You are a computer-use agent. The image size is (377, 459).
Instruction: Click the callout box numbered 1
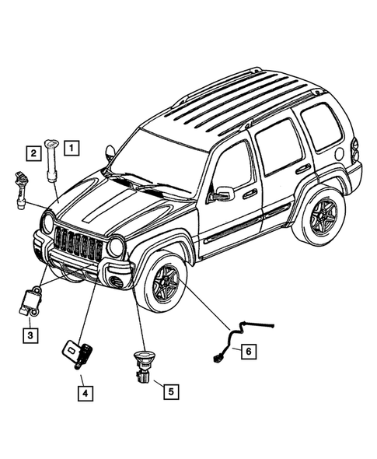(71, 146)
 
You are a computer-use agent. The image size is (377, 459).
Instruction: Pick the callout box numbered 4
(82, 393)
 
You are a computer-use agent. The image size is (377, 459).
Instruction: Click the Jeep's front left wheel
(164, 282)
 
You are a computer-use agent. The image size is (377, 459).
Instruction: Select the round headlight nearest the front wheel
(117, 248)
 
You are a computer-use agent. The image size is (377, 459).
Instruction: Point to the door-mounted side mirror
(222, 193)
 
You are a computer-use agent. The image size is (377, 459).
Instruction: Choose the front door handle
(250, 193)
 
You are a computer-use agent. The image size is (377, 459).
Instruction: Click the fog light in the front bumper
(117, 281)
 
